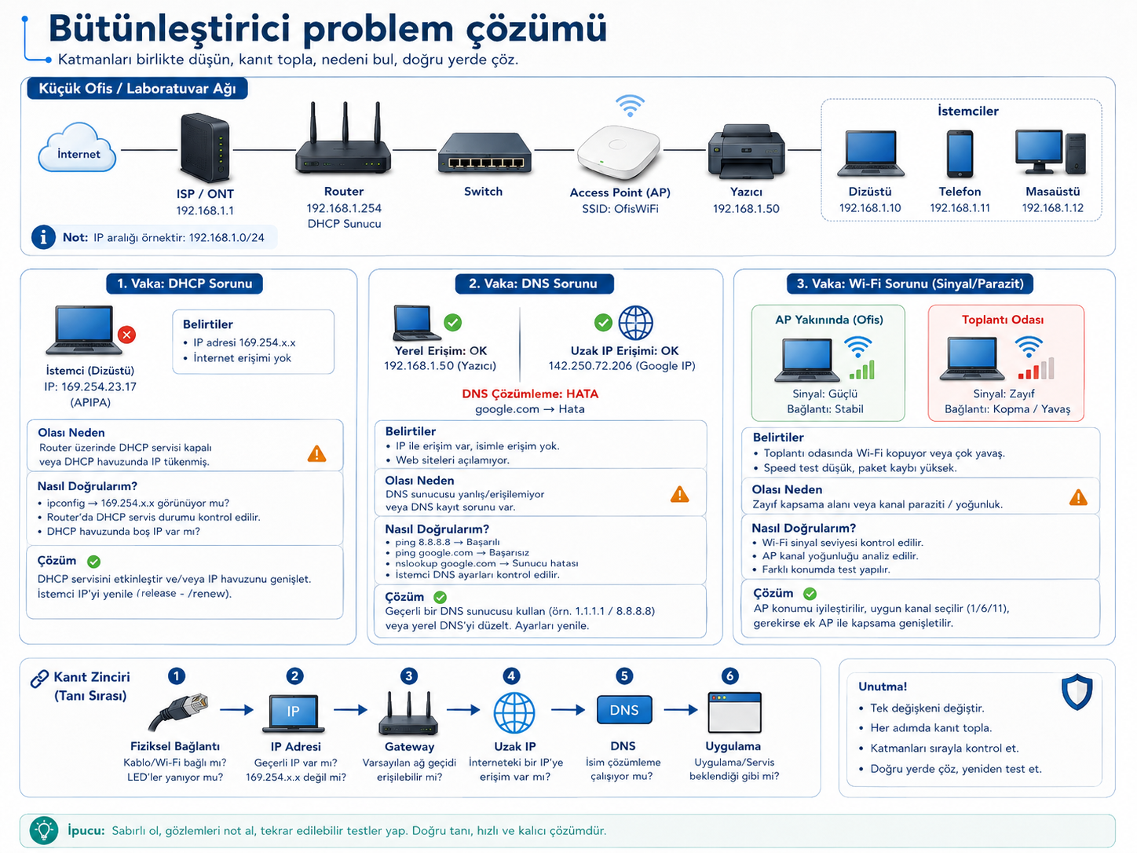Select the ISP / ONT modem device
pyautogui.click(x=205, y=148)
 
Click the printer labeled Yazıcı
pyautogui.click(x=746, y=152)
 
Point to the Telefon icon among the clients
pyautogui.click(x=960, y=154)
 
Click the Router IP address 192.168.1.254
pyautogui.click(x=344, y=208)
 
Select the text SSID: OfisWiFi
pyautogui.click(x=620, y=209)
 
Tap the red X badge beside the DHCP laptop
pyautogui.click(x=127, y=335)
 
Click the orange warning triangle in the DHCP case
pyautogui.click(x=316, y=454)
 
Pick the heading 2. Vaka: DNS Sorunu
pyautogui.click(x=533, y=284)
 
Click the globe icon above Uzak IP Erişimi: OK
pyautogui.click(x=635, y=323)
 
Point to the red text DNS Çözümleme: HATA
pyautogui.click(x=530, y=394)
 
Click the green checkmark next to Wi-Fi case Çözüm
pyautogui.click(x=810, y=594)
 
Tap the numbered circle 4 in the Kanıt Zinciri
pyautogui.click(x=511, y=675)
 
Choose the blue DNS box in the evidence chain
pyautogui.click(x=624, y=709)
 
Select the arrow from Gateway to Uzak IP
pyautogui.click(x=463, y=710)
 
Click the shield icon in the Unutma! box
pyautogui.click(x=1077, y=692)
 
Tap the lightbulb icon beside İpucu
pyautogui.click(x=44, y=830)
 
